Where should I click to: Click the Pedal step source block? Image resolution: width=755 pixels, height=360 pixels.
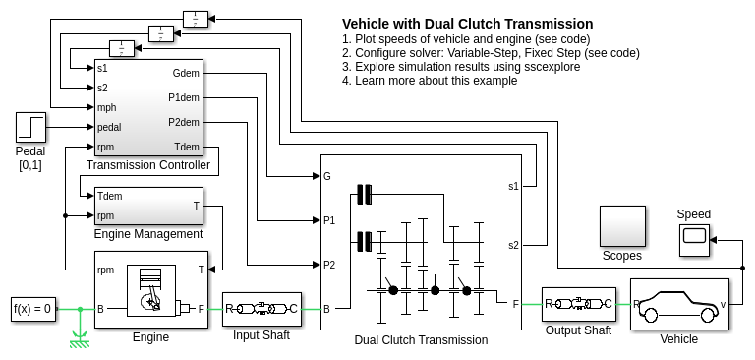(x=30, y=127)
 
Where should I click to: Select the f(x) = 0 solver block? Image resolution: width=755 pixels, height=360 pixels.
(x=33, y=309)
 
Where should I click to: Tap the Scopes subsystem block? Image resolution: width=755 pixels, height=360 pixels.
(x=622, y=226)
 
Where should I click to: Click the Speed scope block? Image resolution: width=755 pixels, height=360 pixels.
(x=694, y=239)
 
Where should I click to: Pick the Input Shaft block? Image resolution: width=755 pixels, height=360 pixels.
(x=261, y=310)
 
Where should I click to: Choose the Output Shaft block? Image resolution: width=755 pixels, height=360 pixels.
(x=578, y=304)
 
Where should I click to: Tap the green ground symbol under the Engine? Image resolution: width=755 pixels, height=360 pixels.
(x=80, y=339)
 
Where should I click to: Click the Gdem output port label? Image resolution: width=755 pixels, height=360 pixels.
(x=186, y=73)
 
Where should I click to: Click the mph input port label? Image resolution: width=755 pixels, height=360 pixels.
(x=106, y=107)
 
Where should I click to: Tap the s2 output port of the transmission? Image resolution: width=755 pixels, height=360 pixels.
(x=514, y=245)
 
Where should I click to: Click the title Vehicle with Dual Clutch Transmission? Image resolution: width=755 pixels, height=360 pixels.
(x=468, y=24)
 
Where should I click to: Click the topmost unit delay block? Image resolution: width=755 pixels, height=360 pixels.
(x=196, y=19)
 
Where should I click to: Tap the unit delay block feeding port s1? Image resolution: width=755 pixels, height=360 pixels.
(x=122, y=48)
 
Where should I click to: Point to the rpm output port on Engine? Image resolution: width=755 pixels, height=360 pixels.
(x=105, y=270)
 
